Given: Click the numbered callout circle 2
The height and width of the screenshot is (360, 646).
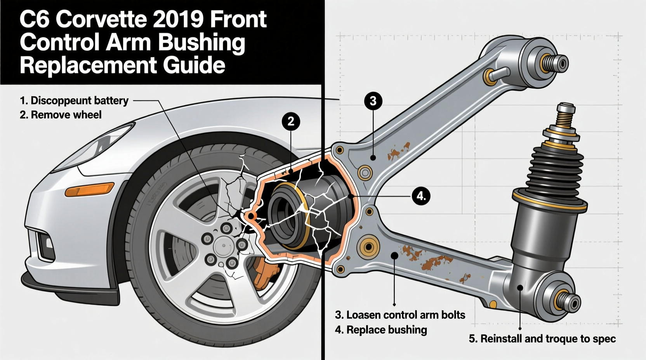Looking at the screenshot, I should pos(291,122).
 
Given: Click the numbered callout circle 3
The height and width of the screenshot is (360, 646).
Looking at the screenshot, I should pos(373,101).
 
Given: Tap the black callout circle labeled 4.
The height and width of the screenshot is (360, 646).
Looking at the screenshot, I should pos(421,196).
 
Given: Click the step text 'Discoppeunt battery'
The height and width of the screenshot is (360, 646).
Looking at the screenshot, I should pos(79,100).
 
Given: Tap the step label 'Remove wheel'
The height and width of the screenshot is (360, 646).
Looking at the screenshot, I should pos(66,115).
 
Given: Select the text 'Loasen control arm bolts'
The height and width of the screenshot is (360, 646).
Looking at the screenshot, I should pos(405,315).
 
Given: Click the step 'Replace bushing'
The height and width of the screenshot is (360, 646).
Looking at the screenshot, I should pos(386,330).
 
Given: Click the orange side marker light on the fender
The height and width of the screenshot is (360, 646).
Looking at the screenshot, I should pos(90,190).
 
